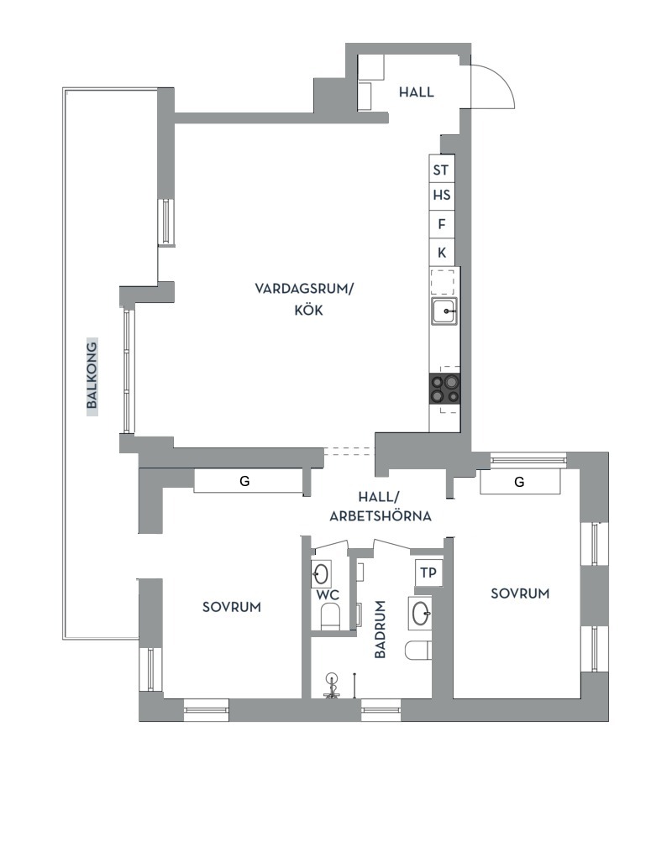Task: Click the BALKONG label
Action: tap(92, 375)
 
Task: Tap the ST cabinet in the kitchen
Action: tap(442, 169)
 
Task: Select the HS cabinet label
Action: tap(442, 195)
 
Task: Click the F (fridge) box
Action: tap(442, 224)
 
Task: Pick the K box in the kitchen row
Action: tap(442, 253)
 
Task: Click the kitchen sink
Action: tap(445, 311)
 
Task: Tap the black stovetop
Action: tap(444, 389)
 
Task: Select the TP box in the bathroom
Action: tap(428, 573)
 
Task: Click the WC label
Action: tap(328, 596)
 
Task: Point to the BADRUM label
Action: tap(380, 630)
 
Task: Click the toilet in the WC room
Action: tap(330, 617)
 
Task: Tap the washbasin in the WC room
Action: tap(322, 574)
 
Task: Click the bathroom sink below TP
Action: tap(421, 613)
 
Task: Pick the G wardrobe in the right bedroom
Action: tap(520, 482)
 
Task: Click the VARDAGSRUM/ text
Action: tap(303, 289)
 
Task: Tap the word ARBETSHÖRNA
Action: tap(381, 516)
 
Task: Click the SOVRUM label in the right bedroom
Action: tap(520, 593)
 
